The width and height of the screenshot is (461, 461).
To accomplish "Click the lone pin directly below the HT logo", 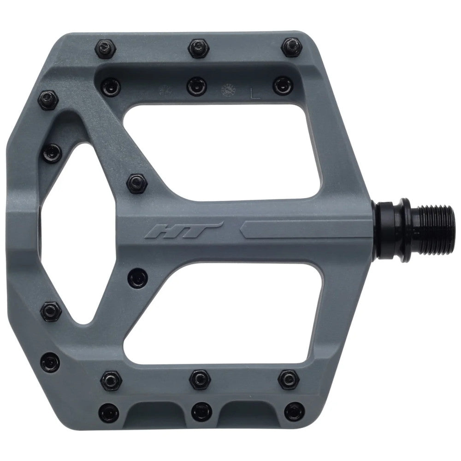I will tap(137, 278).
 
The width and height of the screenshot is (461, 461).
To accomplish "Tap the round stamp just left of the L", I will tap(227, 89).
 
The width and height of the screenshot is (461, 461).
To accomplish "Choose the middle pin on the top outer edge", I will tap(198, 46).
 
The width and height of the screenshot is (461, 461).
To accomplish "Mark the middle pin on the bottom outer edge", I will tap(200, 408).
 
